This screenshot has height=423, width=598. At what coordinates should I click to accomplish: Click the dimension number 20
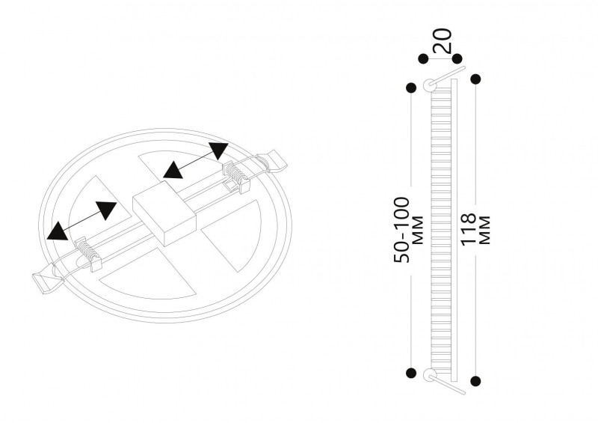(443, 40)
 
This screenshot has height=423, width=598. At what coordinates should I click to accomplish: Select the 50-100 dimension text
(402, 230)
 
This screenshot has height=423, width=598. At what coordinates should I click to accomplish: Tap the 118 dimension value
(469, 229)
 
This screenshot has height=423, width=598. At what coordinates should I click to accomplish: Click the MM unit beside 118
(484, 230)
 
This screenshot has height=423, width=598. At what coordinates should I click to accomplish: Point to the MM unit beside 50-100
(418, 230)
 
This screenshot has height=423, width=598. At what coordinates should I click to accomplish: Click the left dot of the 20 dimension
(423, 59)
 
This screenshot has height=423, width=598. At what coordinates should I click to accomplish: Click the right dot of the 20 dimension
(457, 59)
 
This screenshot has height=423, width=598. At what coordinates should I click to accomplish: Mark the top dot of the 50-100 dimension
(411, 88)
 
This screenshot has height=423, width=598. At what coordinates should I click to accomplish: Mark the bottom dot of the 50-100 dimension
(411, 373)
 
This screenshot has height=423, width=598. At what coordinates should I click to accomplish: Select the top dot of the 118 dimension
(475, 79)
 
